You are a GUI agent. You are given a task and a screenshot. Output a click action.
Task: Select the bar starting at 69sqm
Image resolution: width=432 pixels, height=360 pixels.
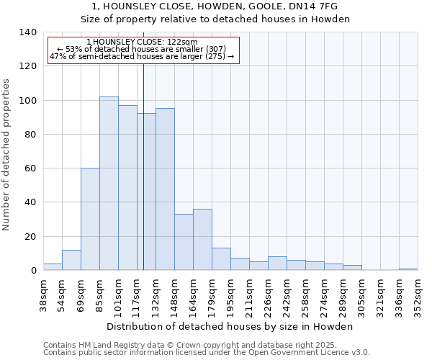point(90,219)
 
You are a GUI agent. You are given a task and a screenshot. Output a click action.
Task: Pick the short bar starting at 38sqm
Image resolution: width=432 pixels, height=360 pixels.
point(53,267)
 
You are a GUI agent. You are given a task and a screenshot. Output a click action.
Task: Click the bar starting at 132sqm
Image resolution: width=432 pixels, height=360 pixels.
point(165,189)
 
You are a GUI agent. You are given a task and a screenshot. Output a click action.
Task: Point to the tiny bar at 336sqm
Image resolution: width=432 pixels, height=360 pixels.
point(408,269)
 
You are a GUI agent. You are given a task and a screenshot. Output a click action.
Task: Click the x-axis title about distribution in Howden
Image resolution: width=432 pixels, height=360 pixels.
point(230,327)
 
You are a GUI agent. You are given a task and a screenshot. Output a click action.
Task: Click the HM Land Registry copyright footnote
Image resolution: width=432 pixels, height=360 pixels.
point(184,345)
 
